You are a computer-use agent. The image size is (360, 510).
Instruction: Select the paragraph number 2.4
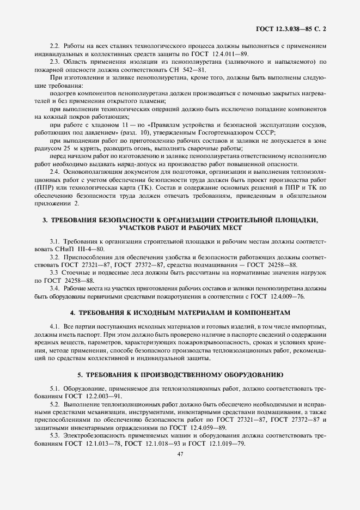(x=54, y=172)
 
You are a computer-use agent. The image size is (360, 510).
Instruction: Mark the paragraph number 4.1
(x=54, y=326)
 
